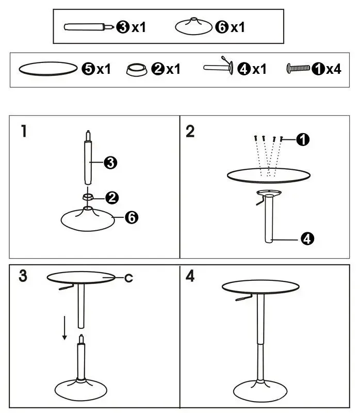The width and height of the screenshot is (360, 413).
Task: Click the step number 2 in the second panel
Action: (190, 132)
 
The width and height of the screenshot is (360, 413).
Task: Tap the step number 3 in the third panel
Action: (23, 276)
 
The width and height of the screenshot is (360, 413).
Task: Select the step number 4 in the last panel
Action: (190, 277)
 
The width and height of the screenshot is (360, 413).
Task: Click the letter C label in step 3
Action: (128, 278)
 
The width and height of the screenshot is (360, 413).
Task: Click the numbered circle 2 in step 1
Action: (112, 197)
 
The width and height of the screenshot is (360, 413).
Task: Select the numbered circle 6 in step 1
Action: (132, 218)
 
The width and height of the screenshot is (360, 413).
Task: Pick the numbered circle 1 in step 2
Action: (303, 138)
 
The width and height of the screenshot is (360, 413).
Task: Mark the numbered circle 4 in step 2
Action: (307, 239)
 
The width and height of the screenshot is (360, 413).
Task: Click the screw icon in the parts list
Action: (298, 68)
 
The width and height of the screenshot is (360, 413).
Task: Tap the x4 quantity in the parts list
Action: (333, 69)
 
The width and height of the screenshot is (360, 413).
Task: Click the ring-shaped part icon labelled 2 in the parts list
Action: (136, 69)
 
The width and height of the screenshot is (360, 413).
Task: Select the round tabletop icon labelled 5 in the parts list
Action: (48, 69)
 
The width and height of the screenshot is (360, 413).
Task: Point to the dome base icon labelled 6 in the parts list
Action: (193, 27)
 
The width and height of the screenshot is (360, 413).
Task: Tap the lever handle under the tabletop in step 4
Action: (247, 301)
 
